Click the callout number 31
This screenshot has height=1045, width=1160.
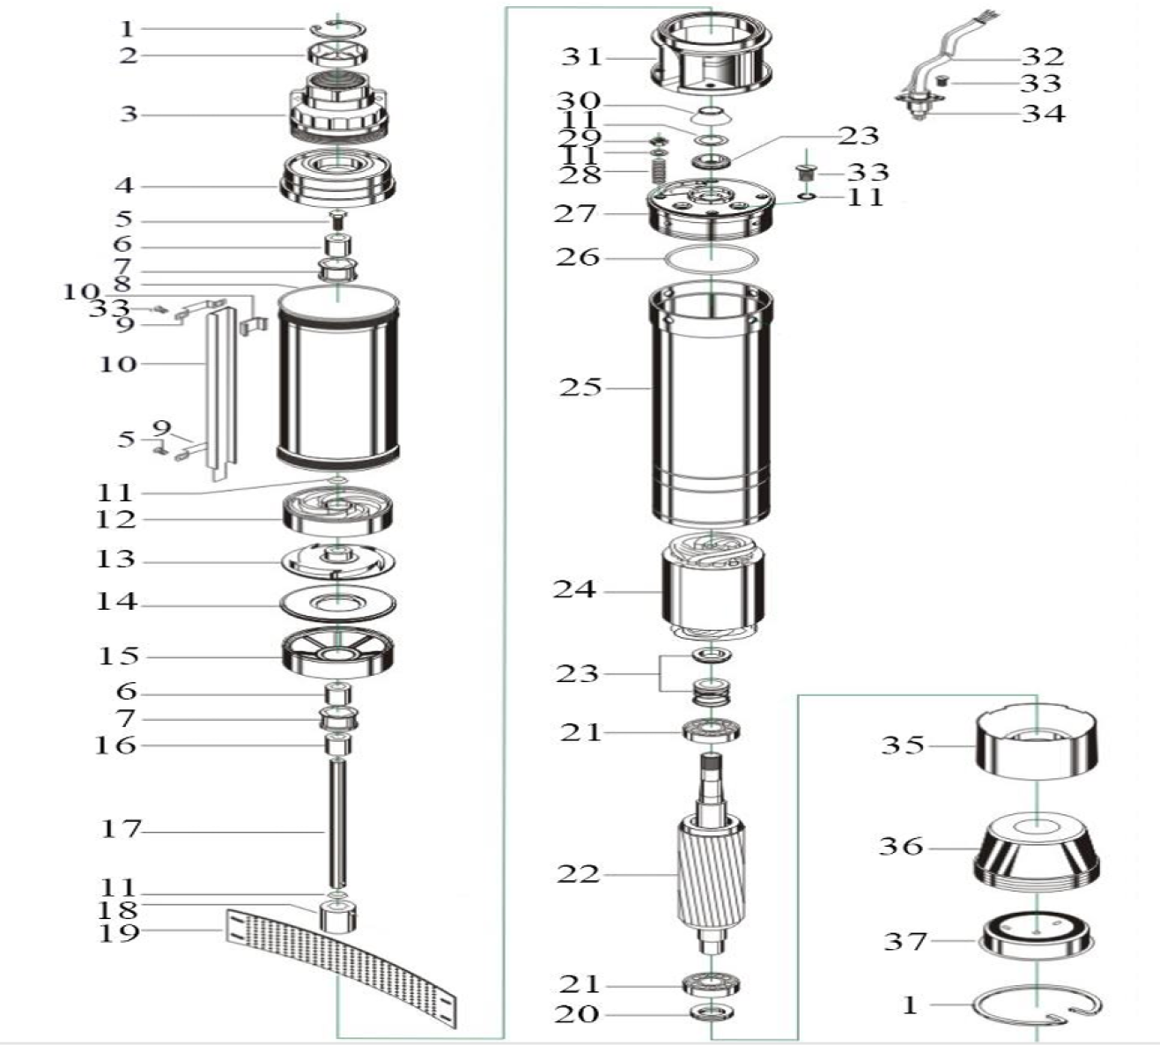point(581,57)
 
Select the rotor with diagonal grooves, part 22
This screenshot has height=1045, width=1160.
point(711,872)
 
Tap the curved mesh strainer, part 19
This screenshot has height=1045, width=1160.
point(344,965)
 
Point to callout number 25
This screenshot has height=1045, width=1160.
point(580,387)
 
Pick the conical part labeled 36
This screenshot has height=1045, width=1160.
point(1038,850)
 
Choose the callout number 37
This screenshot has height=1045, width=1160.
point(905,941)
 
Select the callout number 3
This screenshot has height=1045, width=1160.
point(129,114)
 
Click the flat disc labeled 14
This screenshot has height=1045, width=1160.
point(337,604)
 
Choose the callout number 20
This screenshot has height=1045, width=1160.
point(576,1014)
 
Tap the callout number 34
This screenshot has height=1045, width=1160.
point(1043,114)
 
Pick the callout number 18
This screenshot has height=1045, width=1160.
point(117,908)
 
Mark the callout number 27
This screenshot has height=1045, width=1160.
point(574,213)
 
